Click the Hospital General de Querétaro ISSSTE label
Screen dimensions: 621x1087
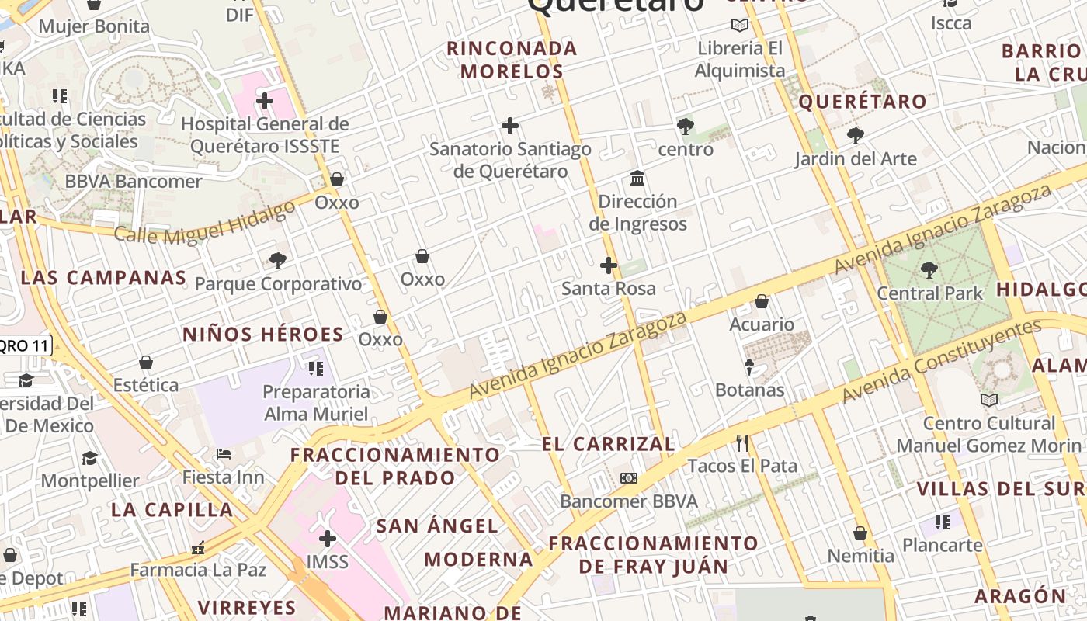point(264,135)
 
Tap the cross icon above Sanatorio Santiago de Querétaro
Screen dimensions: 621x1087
point(510,125)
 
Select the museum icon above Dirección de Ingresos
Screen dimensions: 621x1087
point(637,179)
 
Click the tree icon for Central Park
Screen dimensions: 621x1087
point(929,270)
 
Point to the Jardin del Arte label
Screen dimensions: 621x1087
point(855,159)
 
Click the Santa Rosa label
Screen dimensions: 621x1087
point(609,289)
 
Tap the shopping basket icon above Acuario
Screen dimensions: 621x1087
point(762,301)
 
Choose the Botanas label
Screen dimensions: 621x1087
point(749,390)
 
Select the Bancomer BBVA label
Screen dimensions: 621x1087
point(629,501)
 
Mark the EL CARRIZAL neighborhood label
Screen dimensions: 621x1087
point(608,444)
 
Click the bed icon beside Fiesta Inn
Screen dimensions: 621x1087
point(224,453)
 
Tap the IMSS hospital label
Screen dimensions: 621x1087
point(328,561)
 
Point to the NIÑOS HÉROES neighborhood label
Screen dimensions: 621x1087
point(262,335)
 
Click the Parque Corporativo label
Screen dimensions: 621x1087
point(278,284)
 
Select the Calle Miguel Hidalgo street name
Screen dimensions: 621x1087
point(205,220)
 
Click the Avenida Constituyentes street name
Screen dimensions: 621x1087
point(940,361)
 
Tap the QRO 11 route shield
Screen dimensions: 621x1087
point(25,345)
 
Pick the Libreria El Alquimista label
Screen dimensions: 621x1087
point(740,60)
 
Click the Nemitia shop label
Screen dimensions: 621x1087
point(860,556)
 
